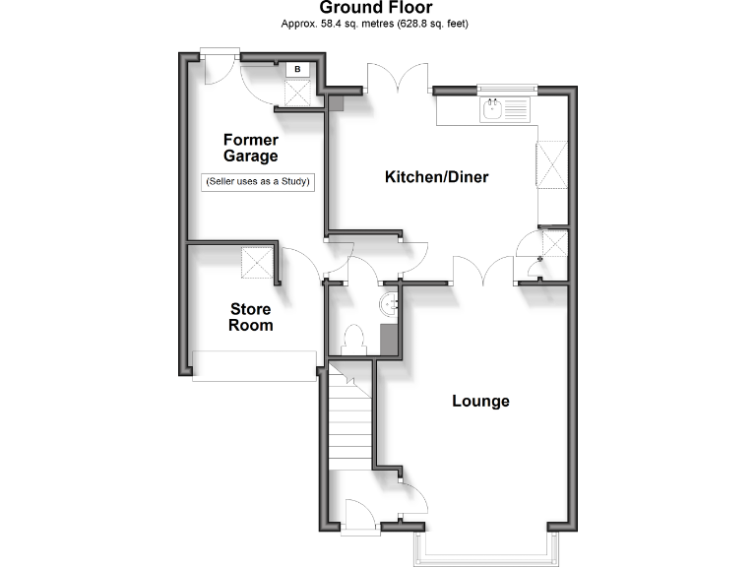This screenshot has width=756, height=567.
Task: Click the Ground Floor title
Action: point(377,8)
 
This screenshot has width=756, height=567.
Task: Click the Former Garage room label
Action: point(250,148)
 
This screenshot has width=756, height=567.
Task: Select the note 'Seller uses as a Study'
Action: point(257,181)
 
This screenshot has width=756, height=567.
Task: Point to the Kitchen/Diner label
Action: point(436,177)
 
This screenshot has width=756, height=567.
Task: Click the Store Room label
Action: point(250,316)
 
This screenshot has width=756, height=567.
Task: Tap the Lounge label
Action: point(480,401)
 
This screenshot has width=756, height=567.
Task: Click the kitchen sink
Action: point(504,108)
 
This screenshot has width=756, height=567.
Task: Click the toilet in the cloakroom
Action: point(351,340)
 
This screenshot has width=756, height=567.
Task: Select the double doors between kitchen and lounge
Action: point(483,270)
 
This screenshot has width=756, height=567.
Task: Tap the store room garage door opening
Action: point(253,365)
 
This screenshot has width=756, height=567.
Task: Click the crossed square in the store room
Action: point(259,263)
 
